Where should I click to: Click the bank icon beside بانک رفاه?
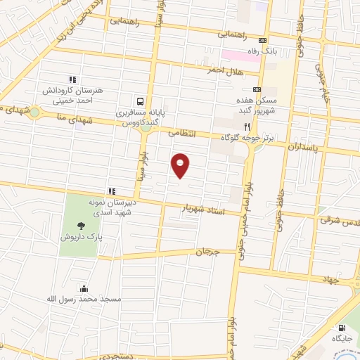point(262,40)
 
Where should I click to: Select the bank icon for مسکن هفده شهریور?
point(257,89)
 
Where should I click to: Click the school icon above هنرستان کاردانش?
point(71,79)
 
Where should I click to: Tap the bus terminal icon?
point(140,101)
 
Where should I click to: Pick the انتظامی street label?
point(182,132)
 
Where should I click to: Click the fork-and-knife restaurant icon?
point(247,127)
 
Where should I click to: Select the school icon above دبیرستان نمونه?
point(111,191)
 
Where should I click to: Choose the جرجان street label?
point(207,252)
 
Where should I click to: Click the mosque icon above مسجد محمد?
point(84,288)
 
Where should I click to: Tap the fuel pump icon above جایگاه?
point(342,328)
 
